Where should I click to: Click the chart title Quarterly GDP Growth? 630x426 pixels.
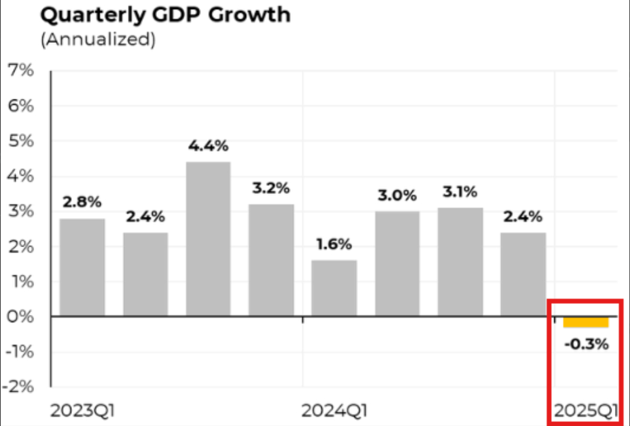[x=165, y=14]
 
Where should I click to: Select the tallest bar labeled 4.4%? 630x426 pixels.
[x=208, y=238]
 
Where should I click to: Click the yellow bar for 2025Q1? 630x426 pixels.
[x=586, y=322]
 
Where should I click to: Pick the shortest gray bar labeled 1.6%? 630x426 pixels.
[x=334, y=288]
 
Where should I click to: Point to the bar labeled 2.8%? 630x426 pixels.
[x=82, y=267]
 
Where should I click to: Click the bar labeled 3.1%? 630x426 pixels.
[x=460, y=262]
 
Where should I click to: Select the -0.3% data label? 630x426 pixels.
[x=586, y=344]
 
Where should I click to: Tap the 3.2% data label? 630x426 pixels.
[x=271, y=188]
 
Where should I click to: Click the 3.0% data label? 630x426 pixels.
[x=397, y=196]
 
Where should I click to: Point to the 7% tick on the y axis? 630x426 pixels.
[x=20, y=71]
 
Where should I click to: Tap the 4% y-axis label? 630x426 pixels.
[x=20, y=177]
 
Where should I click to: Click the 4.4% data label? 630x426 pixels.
[x=208, y=146]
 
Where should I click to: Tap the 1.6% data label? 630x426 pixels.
[x=334, y=244]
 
